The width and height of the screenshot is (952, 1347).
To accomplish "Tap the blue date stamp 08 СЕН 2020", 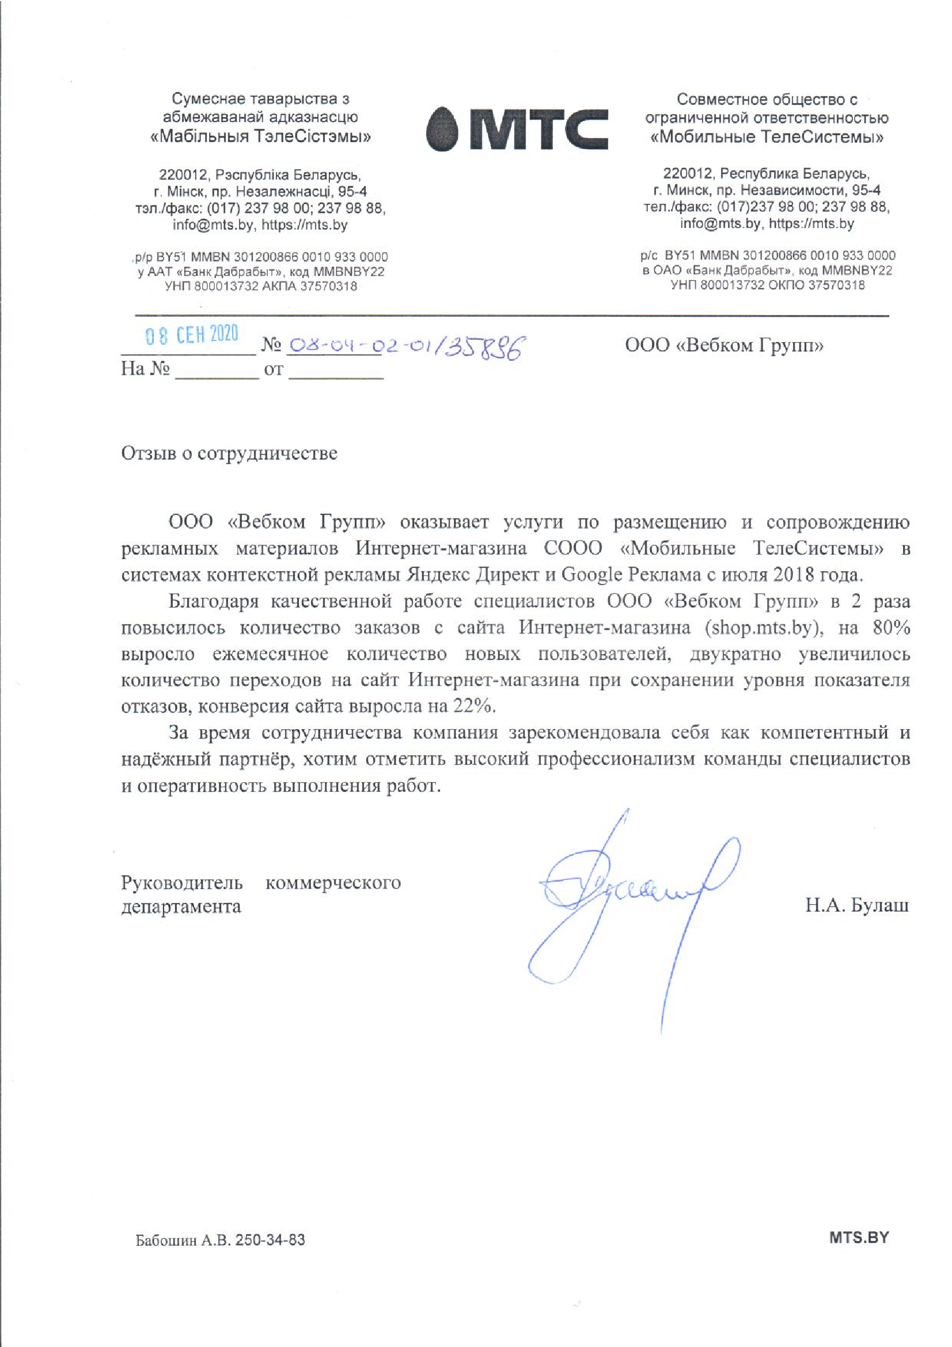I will point(192,335).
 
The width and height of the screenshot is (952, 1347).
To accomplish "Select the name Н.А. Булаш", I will point(856,905).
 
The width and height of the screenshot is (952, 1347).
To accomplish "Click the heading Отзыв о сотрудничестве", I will point(229,453).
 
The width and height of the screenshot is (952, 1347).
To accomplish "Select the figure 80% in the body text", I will point(891,628).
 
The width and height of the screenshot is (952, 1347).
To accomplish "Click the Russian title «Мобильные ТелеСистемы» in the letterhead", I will point(768,137).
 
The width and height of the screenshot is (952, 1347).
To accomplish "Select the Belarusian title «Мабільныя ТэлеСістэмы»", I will point(261,136).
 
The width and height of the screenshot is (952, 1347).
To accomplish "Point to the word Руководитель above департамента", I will point(182,882).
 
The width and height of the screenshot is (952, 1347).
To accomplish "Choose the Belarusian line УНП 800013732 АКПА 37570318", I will point(261,286).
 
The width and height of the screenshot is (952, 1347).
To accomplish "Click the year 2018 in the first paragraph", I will point(793,574).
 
